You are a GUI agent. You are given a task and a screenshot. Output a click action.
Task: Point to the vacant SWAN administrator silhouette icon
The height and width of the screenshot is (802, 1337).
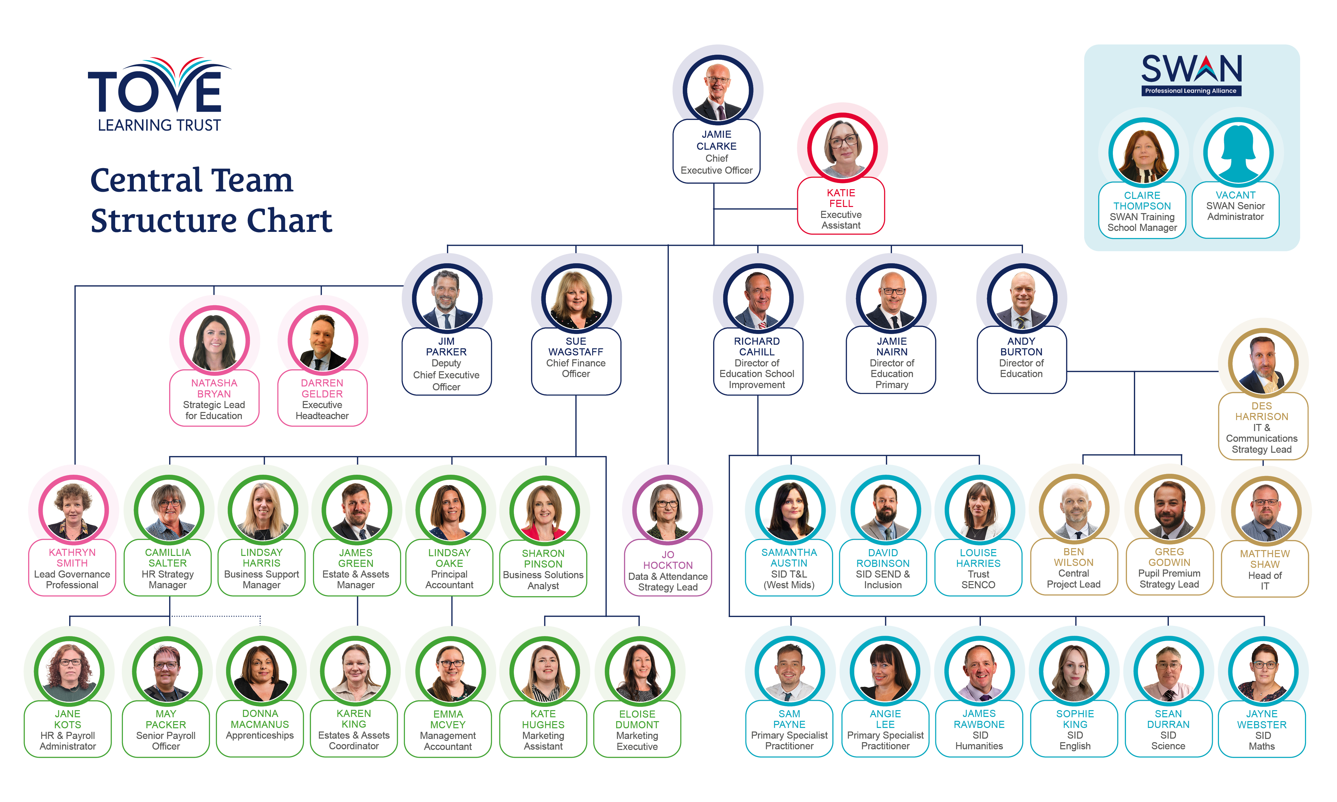[1238, 153]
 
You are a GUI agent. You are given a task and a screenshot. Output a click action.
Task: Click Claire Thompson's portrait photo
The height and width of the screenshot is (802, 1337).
[1143, 153]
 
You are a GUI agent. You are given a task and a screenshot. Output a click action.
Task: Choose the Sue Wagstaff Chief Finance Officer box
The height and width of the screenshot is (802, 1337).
[576, 361]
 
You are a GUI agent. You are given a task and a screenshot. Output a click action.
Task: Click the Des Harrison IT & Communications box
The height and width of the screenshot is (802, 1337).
[1262, 427]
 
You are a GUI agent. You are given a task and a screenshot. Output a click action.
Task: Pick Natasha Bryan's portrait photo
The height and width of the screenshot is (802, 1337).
[214, 341]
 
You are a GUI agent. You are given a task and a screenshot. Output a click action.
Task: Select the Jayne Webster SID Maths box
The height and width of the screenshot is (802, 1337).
[1262, 729]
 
